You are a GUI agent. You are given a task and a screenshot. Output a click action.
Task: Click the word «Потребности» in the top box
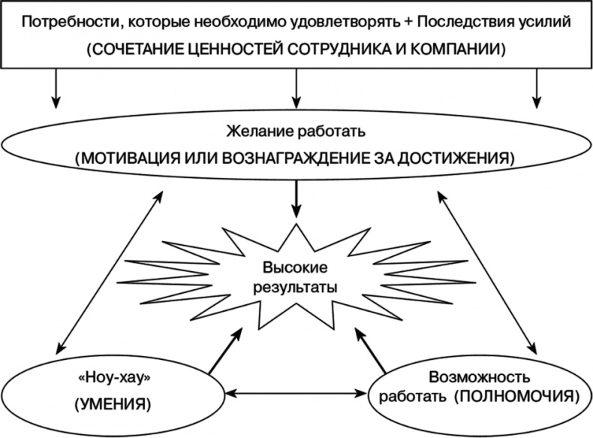pyautogui.click(x=58, y=21)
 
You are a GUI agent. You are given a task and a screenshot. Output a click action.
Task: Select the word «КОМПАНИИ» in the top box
pyautogui.click(x=463, y=50)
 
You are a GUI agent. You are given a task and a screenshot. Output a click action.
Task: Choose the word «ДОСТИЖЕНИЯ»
pyautogui.click(x=461, y=159)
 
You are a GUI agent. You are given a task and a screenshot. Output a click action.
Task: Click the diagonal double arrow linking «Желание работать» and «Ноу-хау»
pyautogui.click(x=110, y=271)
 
